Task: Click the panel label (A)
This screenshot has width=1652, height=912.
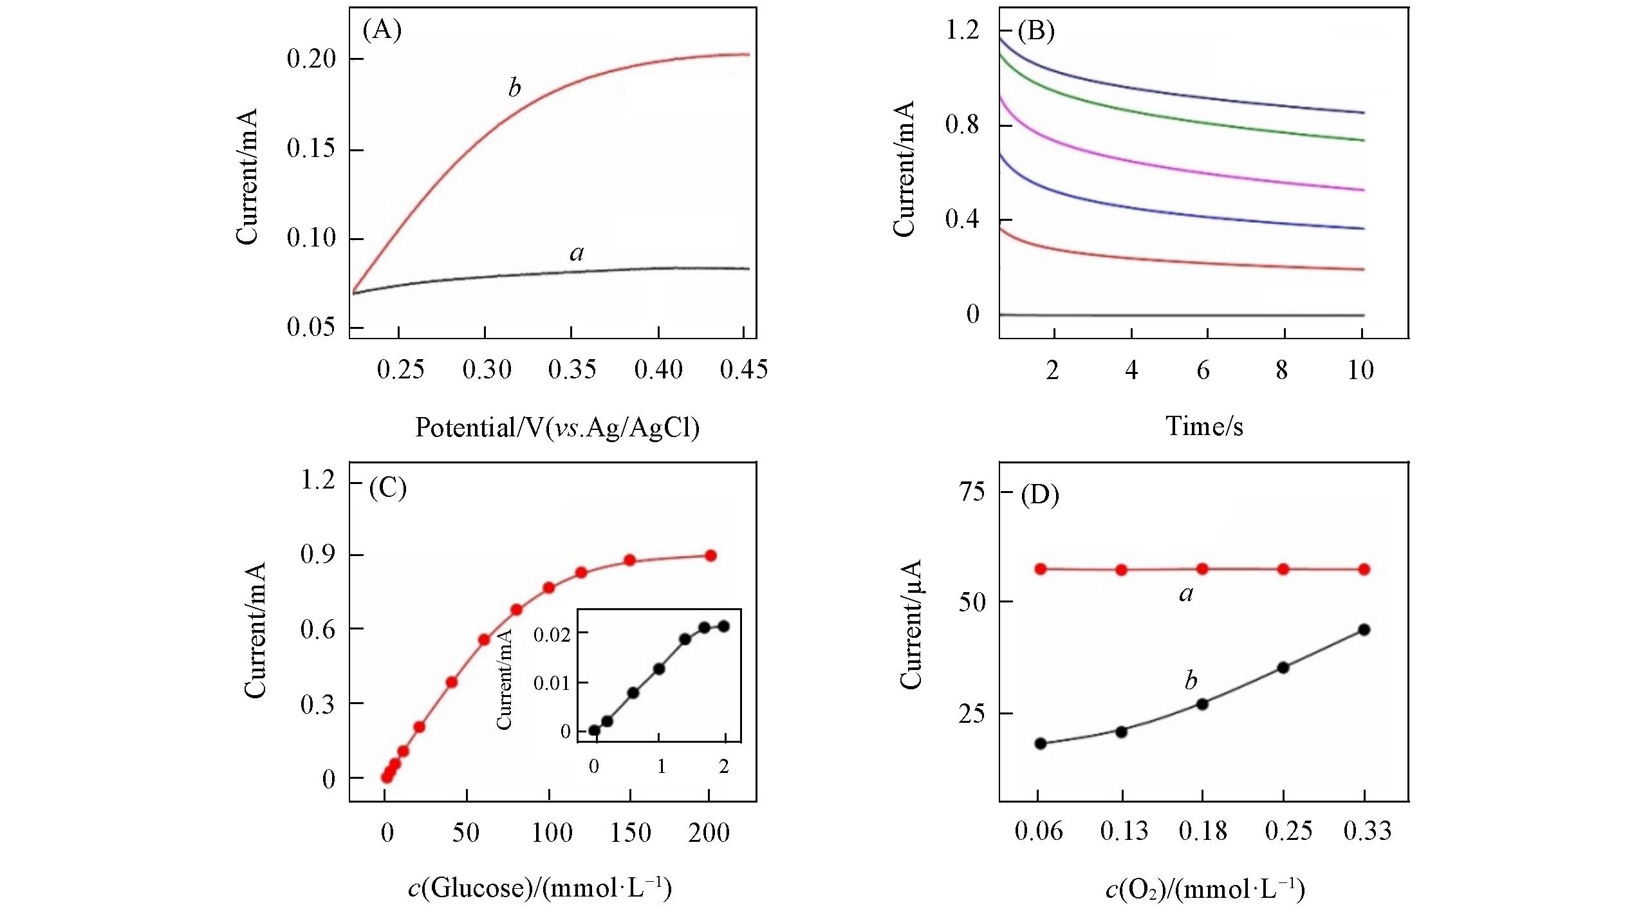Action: (x=382, y=30)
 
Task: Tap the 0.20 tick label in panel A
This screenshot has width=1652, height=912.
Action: (x=311, y=59)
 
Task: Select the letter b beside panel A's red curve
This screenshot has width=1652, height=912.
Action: (x=514, y=88)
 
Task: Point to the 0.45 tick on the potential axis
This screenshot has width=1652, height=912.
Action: (x=744, y=369)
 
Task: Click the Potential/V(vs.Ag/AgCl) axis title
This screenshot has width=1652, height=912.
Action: (x=557, y=427)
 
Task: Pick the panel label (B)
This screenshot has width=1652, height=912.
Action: (x=1035, y=31)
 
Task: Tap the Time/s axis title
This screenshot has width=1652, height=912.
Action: (x=1204, y=426)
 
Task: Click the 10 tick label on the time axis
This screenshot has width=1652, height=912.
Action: (x=1360, y=370)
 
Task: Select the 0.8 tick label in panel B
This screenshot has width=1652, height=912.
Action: (x=962, y=124)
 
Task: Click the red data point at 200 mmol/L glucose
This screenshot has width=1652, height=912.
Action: (x=710, y=555)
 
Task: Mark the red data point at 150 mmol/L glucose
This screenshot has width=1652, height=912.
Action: (x=630, y=560)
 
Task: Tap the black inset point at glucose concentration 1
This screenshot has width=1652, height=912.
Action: (x=659, y=669)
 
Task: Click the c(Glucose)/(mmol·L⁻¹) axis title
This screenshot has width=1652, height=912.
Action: (x=540, y=888)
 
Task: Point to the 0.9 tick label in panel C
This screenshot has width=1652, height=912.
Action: (x=318, y=555)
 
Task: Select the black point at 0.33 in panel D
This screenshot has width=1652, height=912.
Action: (x=1364, y=629)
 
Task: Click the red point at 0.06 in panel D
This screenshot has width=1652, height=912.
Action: (x=1041, y=569)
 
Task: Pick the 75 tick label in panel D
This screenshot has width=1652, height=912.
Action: (x=972, y=492)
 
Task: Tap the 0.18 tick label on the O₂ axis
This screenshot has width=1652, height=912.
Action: (x=1203, y=832)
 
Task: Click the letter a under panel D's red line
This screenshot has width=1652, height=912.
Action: (x=1186, y=593)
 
